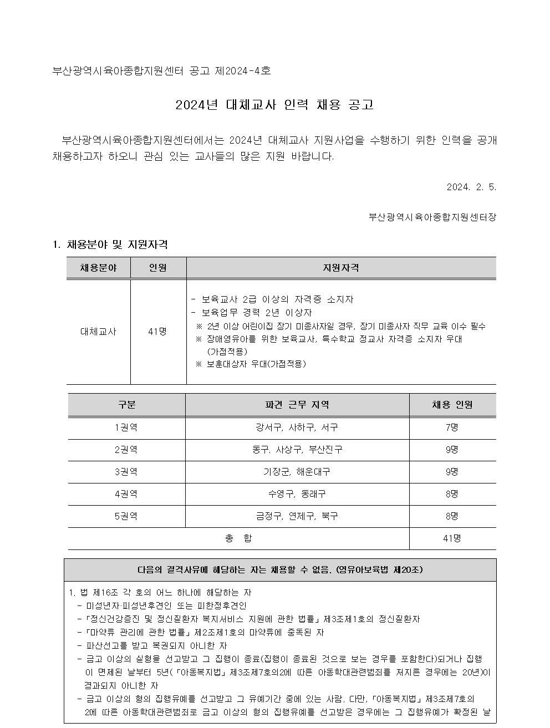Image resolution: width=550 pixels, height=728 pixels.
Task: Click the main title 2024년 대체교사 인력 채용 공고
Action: (274, 104)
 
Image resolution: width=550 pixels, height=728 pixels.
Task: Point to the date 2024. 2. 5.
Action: (471, 187)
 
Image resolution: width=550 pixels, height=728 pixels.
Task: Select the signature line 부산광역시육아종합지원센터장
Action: (432, 217)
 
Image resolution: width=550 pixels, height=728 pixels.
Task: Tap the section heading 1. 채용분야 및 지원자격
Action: (110, 245)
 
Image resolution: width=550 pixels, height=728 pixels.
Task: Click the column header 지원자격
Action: (341, 268)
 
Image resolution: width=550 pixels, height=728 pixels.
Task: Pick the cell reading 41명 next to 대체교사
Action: (157, 332)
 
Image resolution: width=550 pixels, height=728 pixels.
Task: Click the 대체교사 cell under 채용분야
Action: (98, 332)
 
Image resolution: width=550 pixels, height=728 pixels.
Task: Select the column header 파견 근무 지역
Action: (297, 405)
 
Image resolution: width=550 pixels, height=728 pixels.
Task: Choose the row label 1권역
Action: (126, 427)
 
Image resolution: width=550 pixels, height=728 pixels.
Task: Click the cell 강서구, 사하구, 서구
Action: (297, 427)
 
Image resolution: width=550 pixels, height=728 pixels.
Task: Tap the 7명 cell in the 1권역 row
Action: (452, 427)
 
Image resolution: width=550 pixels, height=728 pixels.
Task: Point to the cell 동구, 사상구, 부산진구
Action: (297, 450)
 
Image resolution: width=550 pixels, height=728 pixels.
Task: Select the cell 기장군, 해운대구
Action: (297, 472)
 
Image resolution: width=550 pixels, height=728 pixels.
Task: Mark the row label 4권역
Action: (126, 493)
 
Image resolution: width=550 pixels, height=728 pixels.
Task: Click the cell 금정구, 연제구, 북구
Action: (297, 516)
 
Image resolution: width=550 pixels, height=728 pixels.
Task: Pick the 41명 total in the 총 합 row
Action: (452, 538)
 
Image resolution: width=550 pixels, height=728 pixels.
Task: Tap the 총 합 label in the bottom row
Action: (238, 538)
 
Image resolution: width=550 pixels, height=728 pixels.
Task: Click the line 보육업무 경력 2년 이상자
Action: (255, 313)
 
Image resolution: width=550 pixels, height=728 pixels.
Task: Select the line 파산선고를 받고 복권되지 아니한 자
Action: (156, 645)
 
